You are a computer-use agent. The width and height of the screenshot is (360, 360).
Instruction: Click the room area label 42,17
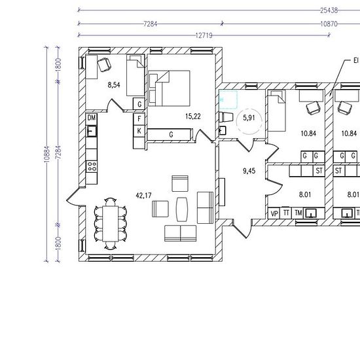coord(143,196)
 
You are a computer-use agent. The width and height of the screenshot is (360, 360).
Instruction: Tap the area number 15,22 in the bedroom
coord(193,117)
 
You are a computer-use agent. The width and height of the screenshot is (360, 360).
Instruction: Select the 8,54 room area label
coord(114,85)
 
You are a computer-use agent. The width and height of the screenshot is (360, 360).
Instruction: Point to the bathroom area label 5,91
coord(249,118)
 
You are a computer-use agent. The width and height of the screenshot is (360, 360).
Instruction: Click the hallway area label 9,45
coord(249,171)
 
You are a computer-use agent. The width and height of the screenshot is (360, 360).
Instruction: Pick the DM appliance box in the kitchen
coord(92,118)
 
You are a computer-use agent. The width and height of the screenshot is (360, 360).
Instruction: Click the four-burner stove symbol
coord(92,166)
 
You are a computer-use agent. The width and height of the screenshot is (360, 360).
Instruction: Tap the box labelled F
coord(139,119)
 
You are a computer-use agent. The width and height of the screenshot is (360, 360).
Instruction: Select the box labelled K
coord(139,131)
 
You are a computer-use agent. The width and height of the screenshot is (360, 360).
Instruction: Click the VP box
coord(274,213)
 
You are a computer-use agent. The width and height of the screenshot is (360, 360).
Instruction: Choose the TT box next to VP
coord(286,213)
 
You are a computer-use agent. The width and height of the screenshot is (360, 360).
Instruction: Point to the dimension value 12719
coord(204,35)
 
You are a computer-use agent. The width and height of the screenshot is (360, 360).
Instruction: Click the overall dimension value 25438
coord(329,10)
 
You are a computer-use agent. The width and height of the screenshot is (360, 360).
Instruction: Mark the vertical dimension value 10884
coord(47,154)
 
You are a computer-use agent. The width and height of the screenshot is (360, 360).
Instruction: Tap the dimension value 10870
coord(329,24)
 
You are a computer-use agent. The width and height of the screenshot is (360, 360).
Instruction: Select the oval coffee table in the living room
coord(182,209)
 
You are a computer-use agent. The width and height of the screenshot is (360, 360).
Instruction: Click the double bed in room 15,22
coord(170,88)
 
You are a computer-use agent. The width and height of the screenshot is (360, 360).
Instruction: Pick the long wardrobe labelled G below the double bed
coord(170,135)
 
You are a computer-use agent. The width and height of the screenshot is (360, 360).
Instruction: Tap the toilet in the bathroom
coord(226,117)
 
